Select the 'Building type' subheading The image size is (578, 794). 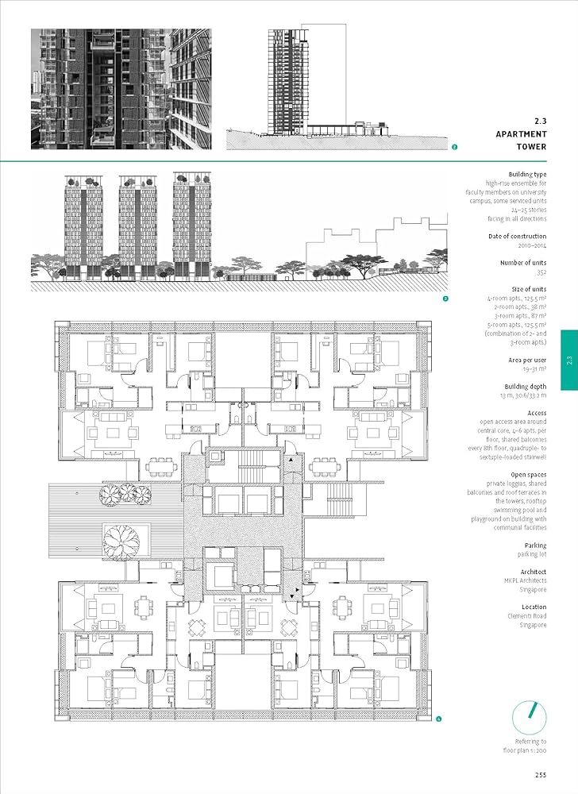pos(527,174)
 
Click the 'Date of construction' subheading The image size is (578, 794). pos(518,237)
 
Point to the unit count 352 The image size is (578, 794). pos(541,272)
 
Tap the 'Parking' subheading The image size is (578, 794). pos(532,545)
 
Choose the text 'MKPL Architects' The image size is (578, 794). pos(525,580)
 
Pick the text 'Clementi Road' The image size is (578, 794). pos(527,616)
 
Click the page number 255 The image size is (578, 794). pos(539,776)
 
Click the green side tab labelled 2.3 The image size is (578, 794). pos(569,360)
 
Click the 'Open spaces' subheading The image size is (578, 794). pos(525,474)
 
